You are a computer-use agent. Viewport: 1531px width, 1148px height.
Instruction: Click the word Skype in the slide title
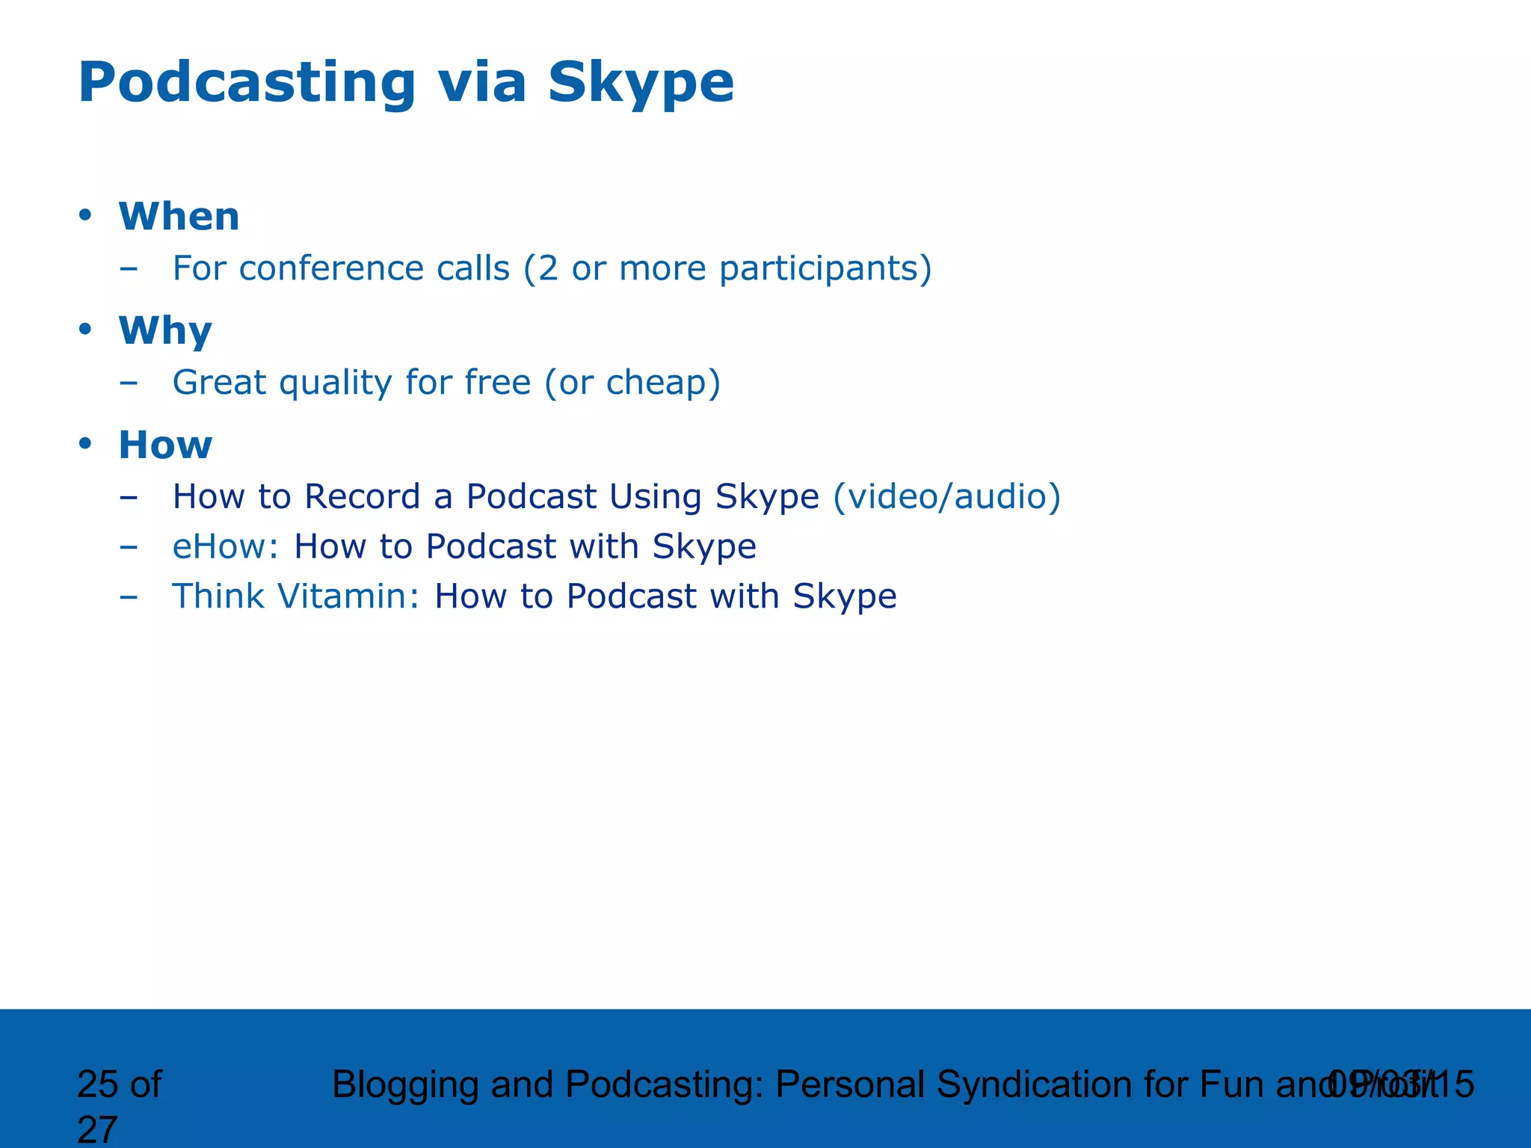coord(640,84)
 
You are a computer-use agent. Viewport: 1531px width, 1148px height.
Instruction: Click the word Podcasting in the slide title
coord(247,84)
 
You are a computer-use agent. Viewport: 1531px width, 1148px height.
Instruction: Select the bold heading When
coord(179,217)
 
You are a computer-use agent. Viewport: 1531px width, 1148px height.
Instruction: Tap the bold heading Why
coord(165,331)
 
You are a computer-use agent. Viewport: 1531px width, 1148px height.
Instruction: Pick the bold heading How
coord(165,445)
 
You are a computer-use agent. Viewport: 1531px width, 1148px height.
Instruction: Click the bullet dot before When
coord(85,215)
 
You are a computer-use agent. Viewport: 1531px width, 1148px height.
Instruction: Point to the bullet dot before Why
coord(85,329)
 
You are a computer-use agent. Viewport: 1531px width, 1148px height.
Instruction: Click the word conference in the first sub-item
coord(331,268)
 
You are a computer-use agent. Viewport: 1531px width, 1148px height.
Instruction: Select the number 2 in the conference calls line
coord(548,268)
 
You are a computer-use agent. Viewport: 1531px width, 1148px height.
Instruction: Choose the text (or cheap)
coord(632,383)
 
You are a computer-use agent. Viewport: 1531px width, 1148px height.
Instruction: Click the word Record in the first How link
coord(362,497)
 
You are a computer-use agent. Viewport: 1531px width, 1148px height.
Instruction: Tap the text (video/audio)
coord(946,497)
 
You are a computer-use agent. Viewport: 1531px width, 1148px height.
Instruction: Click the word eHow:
coord(225,546)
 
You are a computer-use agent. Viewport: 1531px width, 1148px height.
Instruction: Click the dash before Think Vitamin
coord(129,597)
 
